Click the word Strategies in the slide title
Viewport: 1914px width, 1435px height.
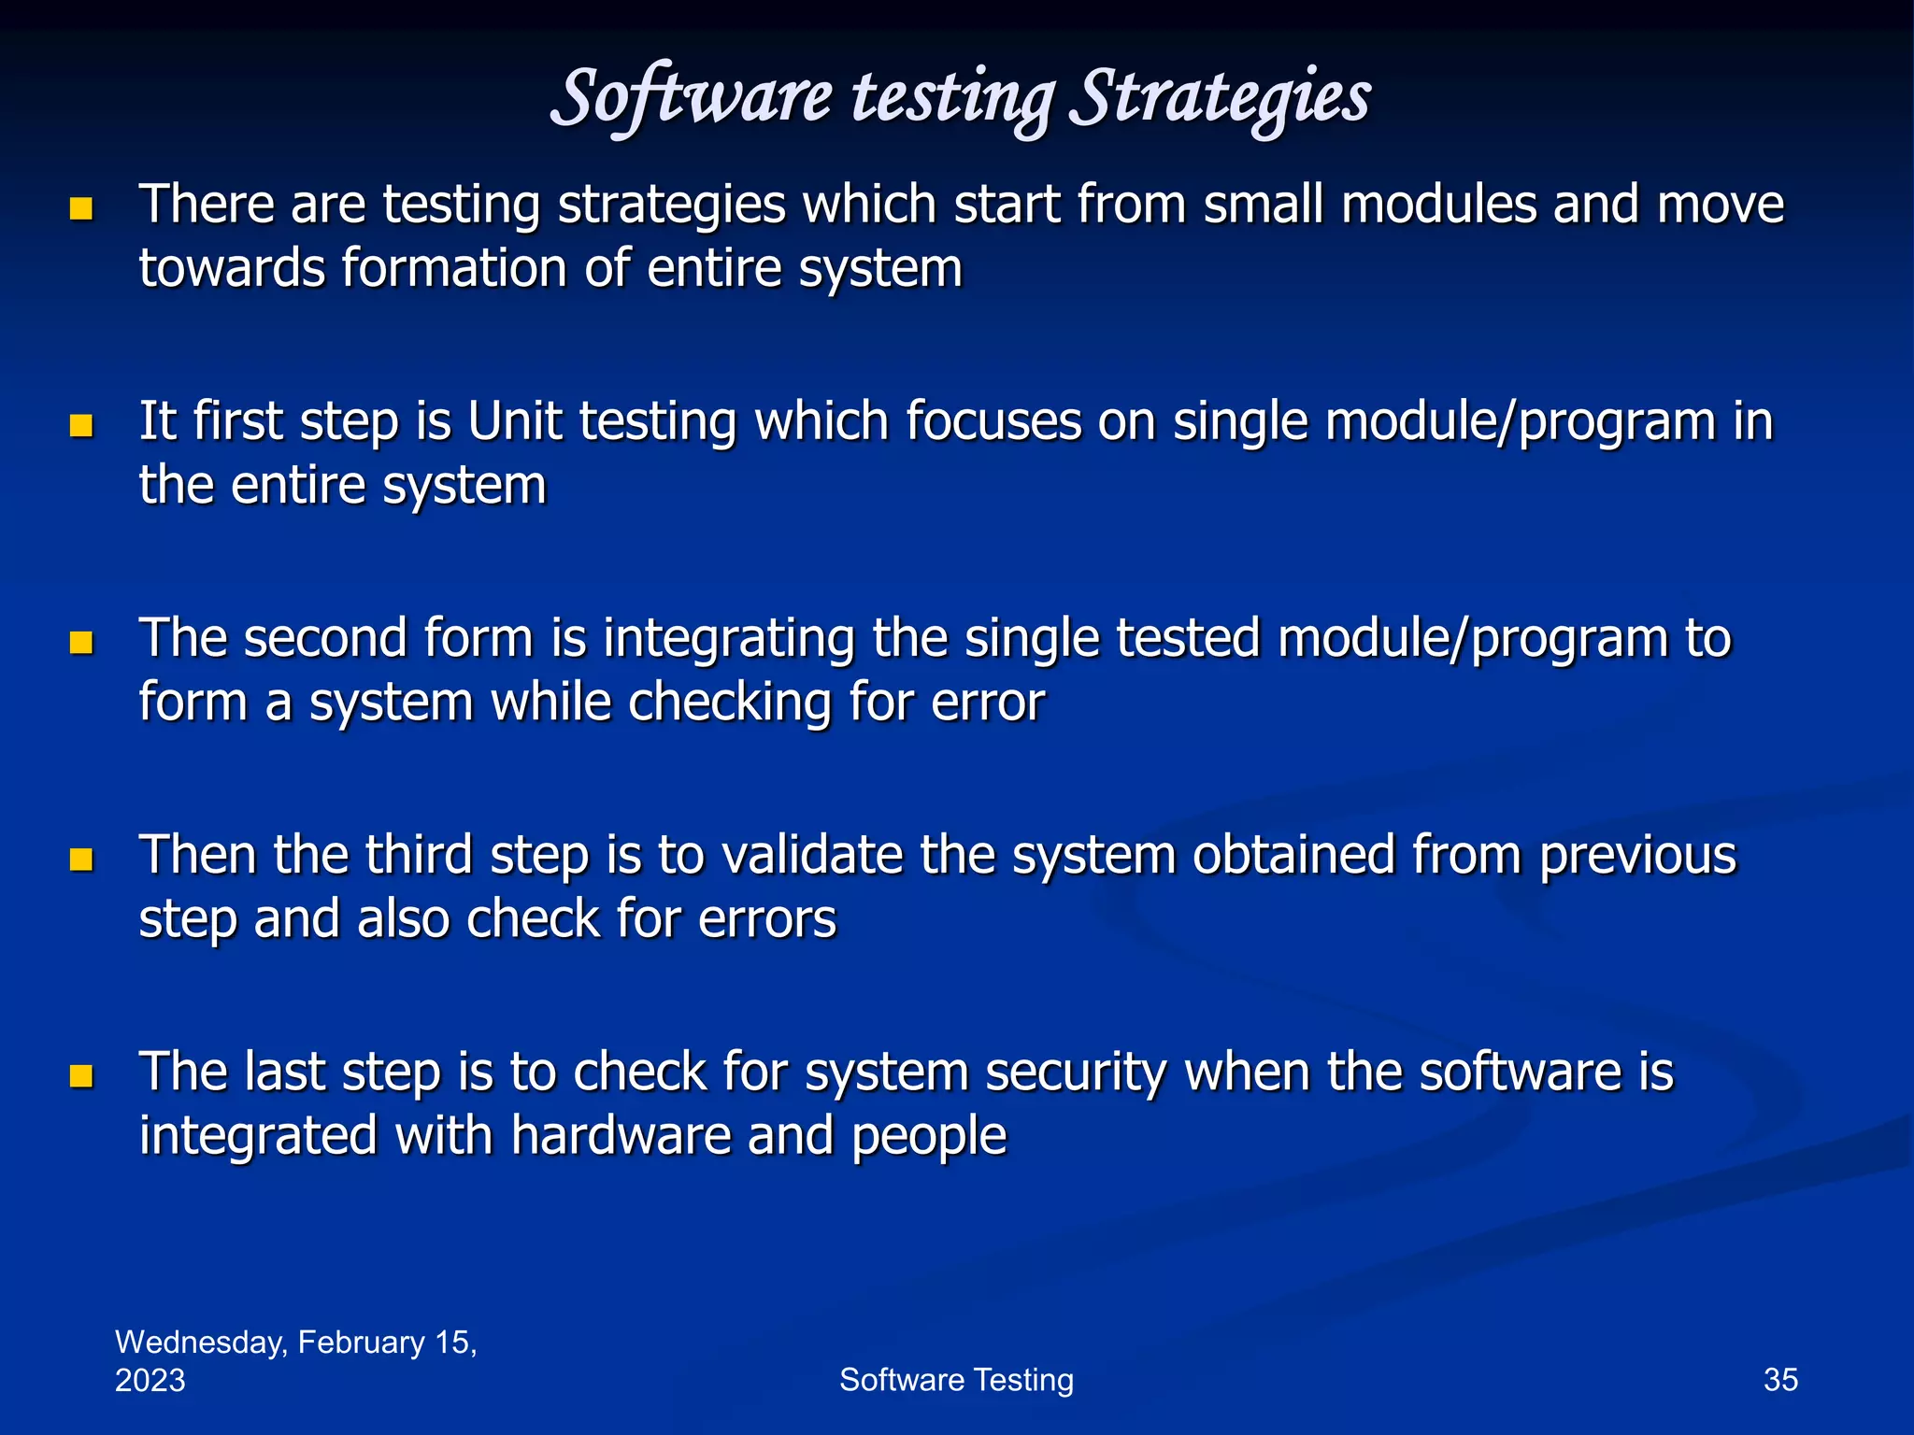pos(1224,98)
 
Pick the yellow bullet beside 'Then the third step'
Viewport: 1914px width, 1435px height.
pos(82,859)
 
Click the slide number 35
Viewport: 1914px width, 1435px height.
pos(1779,1380)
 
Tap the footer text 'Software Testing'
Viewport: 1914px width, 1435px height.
pos(956,1380)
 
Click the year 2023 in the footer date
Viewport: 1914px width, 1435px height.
pos(150,1381)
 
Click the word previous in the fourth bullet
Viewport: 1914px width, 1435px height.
pos(1637,857)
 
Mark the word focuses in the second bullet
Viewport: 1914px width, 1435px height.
pos(993,421)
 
